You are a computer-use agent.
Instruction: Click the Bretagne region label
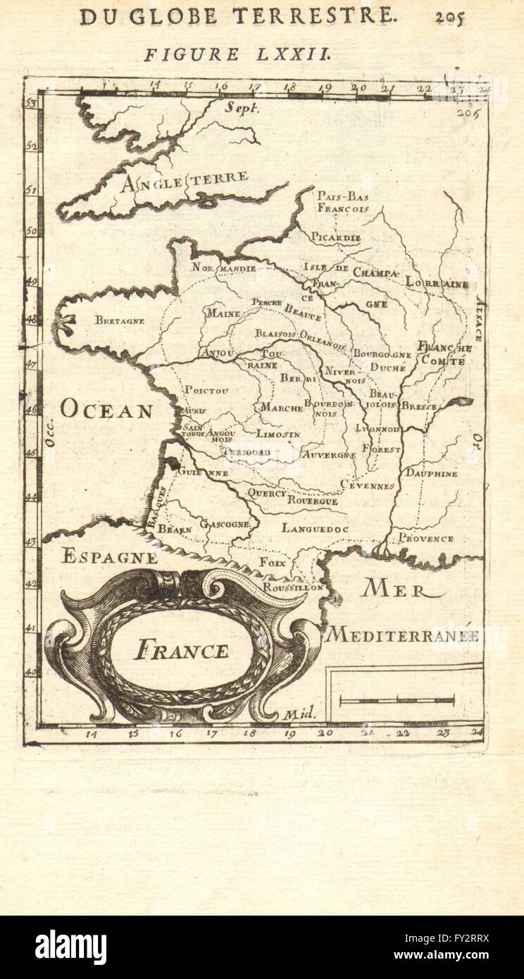click(x=120, y=320)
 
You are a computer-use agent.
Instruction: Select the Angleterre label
click(x=185, y=182)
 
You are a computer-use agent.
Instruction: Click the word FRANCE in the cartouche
click(x=181, y=649)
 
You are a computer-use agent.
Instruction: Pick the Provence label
click(x=425, y=539)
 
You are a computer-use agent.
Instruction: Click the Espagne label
click(x=109, y=556)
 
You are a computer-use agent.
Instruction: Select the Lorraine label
click(x=437, y=284)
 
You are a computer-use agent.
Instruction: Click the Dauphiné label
click(x=431, y=474)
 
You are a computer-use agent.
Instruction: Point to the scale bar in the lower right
click(x=397, y=699)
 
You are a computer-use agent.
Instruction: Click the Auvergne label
click(x=328, y=455)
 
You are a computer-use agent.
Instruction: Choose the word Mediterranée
click(x=402, y=635)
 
